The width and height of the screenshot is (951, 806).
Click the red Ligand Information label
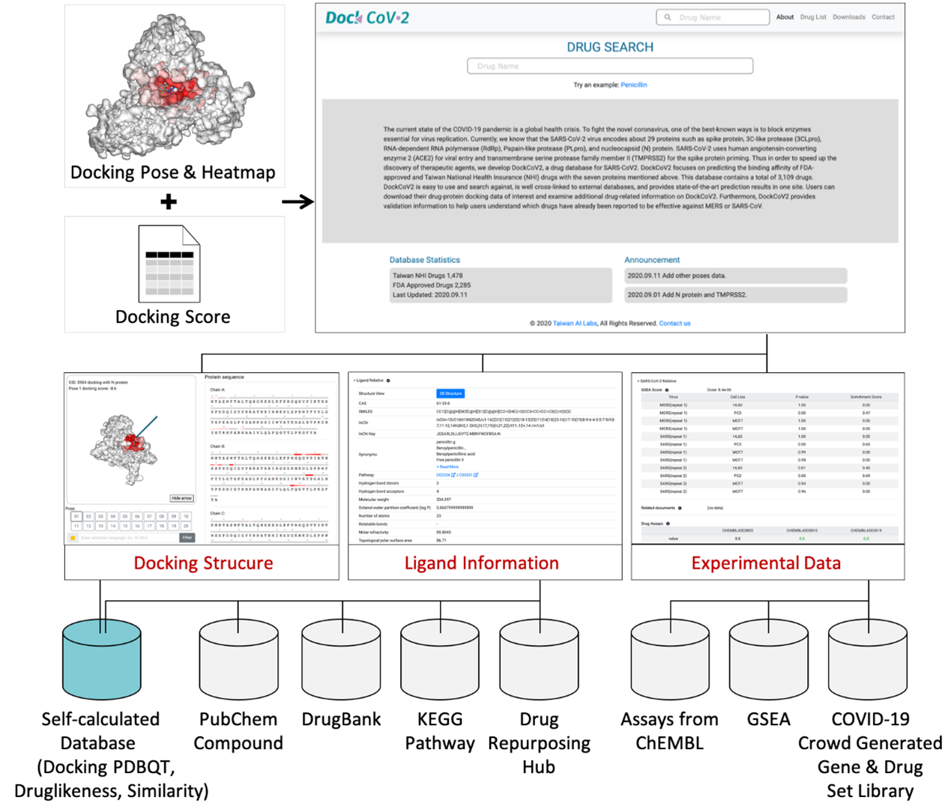tap(481, 563)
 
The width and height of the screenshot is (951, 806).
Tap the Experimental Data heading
tap(766, 563)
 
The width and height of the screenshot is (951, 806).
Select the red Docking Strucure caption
tap(203, 563)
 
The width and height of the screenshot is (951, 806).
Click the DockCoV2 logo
tap(367, 17)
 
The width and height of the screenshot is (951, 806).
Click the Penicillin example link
tap(633, 85)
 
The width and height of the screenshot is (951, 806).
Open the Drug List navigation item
tap(813, 17)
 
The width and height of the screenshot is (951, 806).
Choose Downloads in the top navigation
tap(848, 17)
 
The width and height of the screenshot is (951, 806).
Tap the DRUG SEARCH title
tap(610, 47)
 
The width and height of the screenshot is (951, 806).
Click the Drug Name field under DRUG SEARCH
tap(610, 66)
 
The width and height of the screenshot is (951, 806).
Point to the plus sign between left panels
tap(169, 201)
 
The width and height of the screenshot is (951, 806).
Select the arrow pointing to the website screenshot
tap(298, 201)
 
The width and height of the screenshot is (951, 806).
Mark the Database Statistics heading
tap(424, 260)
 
